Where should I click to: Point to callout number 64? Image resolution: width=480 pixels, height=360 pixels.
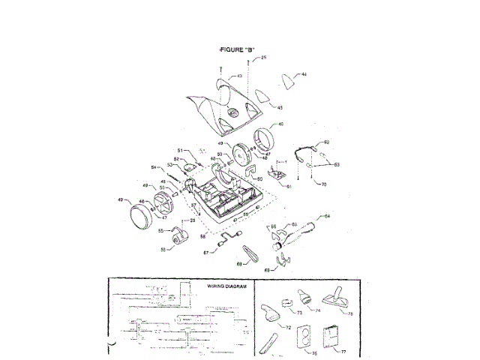click(x=326, y=216)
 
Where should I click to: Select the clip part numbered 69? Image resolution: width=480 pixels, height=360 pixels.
click(x=281, y=260)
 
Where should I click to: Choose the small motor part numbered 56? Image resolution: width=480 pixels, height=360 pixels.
click(x=178, y=238)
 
